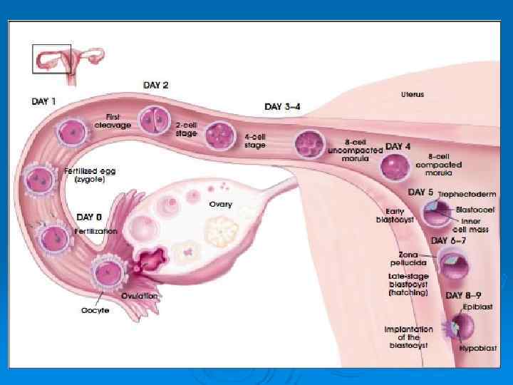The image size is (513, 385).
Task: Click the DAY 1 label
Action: click(x=43, y=101)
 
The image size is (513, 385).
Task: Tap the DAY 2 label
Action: click(x=156, y=85)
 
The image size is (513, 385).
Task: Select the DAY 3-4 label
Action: click(x=282, y=106)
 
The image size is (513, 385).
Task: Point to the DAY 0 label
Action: click(x=90, y=216)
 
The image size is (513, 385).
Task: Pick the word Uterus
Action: click(x=412, y=94)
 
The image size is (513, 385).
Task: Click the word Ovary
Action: click(x=220, y=204)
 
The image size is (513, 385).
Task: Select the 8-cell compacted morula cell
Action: click(x=395, y=167)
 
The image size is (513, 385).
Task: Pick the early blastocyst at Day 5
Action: click(x=436, y=212)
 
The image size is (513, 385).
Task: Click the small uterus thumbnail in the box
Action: click(x=51, y=58)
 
